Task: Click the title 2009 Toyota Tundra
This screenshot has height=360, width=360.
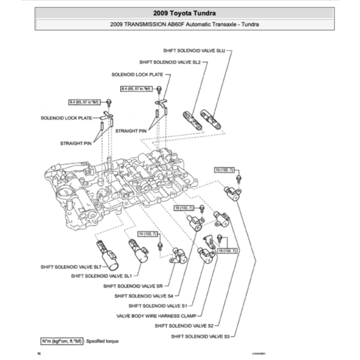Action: tap(185, 13)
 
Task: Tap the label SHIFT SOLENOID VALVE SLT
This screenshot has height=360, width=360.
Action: tap(71, 267)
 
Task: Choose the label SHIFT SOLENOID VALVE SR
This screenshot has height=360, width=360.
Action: tap(133, 286)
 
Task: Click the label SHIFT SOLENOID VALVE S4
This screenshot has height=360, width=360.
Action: tap(143, 296)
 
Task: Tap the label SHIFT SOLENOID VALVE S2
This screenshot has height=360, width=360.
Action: tap(184, 326)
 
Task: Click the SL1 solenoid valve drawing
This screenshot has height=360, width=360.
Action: tap(137, 250)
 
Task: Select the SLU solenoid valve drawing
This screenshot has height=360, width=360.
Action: tap(211, 120)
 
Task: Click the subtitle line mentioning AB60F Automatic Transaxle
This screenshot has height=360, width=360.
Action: tap(185, 24)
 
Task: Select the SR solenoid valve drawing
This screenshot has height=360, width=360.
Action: tap(179, 255)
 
